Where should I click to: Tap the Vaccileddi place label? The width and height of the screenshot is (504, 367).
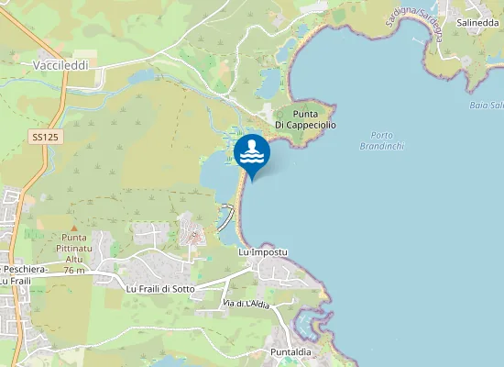point(60,66)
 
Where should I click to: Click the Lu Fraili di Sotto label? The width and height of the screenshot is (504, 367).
point(160,288)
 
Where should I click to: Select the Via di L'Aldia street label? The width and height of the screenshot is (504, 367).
point(246,304)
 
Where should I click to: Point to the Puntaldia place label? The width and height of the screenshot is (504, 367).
point(293,352)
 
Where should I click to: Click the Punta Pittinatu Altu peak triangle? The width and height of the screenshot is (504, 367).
point(74,227)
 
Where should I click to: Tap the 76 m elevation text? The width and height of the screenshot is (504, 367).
point(74,271)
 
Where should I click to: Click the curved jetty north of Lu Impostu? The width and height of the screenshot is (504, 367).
point(226,217)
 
